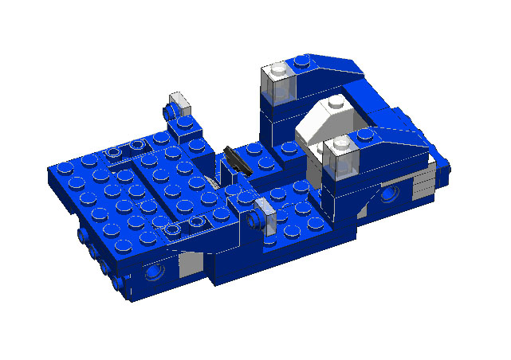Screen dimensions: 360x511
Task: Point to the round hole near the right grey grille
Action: (x=391, y=194)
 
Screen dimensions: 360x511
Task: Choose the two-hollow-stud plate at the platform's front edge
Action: (x=179, y=229)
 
